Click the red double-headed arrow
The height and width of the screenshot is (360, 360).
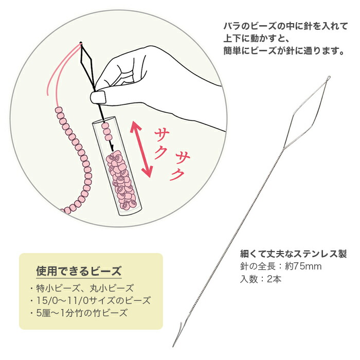coord(141,149)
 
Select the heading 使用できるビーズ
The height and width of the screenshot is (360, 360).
coord(79,271)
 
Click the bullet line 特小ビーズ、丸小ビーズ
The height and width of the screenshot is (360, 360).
coord(82,288)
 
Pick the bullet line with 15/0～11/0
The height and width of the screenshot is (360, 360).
coord(90,300)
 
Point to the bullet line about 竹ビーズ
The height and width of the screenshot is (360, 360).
coord(79,313)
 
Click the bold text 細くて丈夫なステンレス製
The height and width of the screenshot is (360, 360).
coord(293,254)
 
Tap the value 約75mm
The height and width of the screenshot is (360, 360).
coord(303,266)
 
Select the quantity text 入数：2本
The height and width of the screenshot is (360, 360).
coord(261,279)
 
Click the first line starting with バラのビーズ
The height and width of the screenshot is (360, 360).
coord(285,26)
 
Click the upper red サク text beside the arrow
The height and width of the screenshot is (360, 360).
coord(161,143)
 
